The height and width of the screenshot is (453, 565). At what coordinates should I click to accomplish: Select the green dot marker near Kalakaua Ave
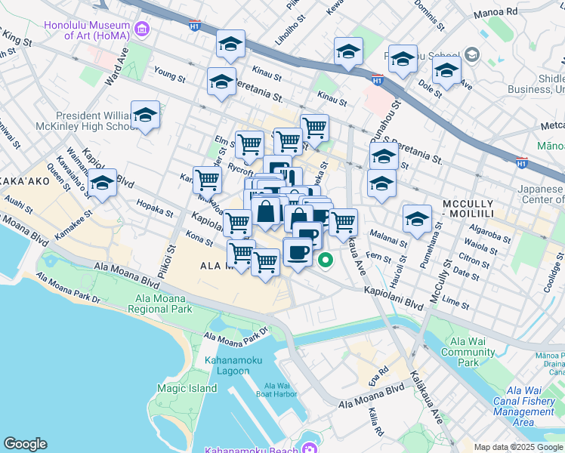coord(326,262)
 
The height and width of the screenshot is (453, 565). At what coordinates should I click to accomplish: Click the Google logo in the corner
coord(26,444)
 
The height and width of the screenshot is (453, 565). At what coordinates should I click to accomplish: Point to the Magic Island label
coord(187,388)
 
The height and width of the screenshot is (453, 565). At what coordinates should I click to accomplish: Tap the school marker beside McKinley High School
coord(146,116)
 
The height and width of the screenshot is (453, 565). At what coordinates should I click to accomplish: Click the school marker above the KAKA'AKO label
coord(103,183)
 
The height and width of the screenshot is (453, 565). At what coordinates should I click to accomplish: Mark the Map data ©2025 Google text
coord(518,448)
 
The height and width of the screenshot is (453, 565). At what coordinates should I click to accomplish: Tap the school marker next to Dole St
coord(446,71)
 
